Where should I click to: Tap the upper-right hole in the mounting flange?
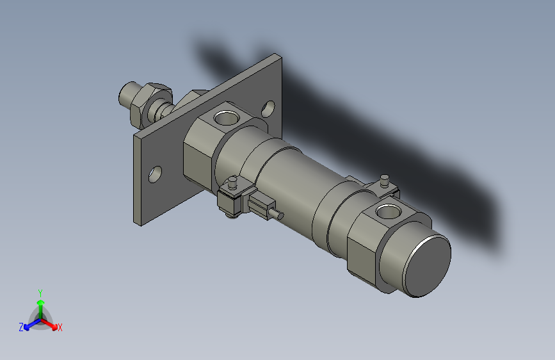[x=269, y=107]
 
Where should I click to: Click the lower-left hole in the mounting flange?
[x=155, y=173]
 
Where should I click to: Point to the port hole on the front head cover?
[x=225, y=117]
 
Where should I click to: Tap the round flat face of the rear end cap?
[x=428, y=265]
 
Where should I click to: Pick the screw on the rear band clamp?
[x=385, y=179]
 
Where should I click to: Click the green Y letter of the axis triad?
[x=40, y=291]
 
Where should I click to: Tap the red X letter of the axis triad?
[x=60, y=327]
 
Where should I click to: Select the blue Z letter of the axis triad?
[x=21, y=327]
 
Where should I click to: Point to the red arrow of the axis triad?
[x=51, y=323]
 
